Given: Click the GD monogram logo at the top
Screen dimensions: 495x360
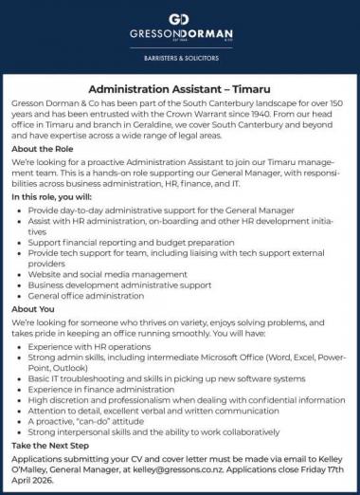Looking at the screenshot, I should click(180, 19).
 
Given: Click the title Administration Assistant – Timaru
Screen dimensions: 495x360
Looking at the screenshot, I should click(180, 88).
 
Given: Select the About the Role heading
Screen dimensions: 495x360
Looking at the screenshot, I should click(45, 148).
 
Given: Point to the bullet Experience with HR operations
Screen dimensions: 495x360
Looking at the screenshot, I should click(92, 348).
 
